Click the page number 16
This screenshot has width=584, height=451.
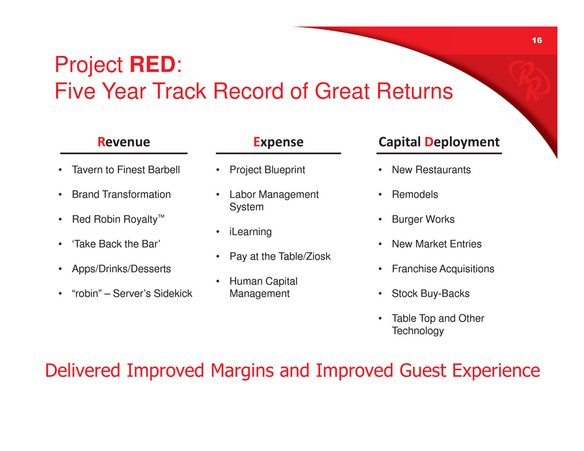pyautogui.click(x=537, y=40)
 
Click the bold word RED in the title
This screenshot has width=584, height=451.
pyautogui.click(x=152, y=64)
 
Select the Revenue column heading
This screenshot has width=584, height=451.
pyautogui.click(x=124, y=142)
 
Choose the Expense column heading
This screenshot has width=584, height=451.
pyautogui.click(x=278, y=142)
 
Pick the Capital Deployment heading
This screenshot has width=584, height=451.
pyautogui.click(x=439, y=142)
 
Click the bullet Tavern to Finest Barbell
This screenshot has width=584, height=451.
pyautogui.click(x=126, y=170)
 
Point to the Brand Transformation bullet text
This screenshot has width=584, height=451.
pyautogui.click(x=121, y=194)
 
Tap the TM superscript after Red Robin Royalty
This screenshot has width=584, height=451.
pyautogui.click(x=161, y=216)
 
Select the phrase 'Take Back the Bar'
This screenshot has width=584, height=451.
pyautogui.click(x=116, y=244)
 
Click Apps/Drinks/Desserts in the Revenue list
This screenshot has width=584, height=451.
pyautogui.click(x=121, y=269)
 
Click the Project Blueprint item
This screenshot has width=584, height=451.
pyautogui.click(x=267, y=170)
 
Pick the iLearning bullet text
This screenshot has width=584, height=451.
pyautogui.click(x=251, y=232)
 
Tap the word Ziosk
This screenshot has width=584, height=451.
pyautogui.click(x=319, y=256)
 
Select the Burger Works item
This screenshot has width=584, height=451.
pyautogui.click(x=423, y=219)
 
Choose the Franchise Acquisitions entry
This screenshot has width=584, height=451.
pyautogui.click(x=443, y=269)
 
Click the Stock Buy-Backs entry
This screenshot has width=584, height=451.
pyautogui.click(x=430, y=294)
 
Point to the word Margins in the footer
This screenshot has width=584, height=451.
pyautogui.click(x=242, y=371)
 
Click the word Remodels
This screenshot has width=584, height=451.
pyautogui.click(x=415, y=194)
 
